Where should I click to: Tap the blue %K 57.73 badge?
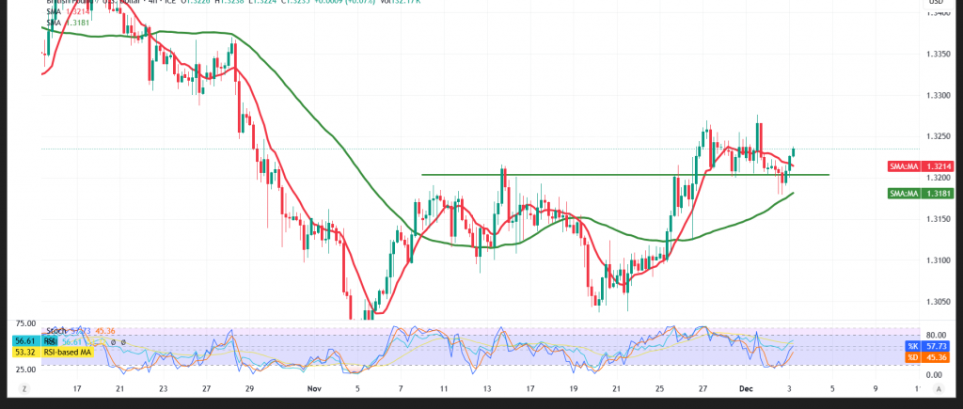pos(910,346)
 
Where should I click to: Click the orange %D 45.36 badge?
pos(910,357)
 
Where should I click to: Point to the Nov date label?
pos(314,387)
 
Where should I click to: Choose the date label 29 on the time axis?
pos(249,387)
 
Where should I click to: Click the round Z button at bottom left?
pos(24,387)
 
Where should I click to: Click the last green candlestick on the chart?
pos(795,152)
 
